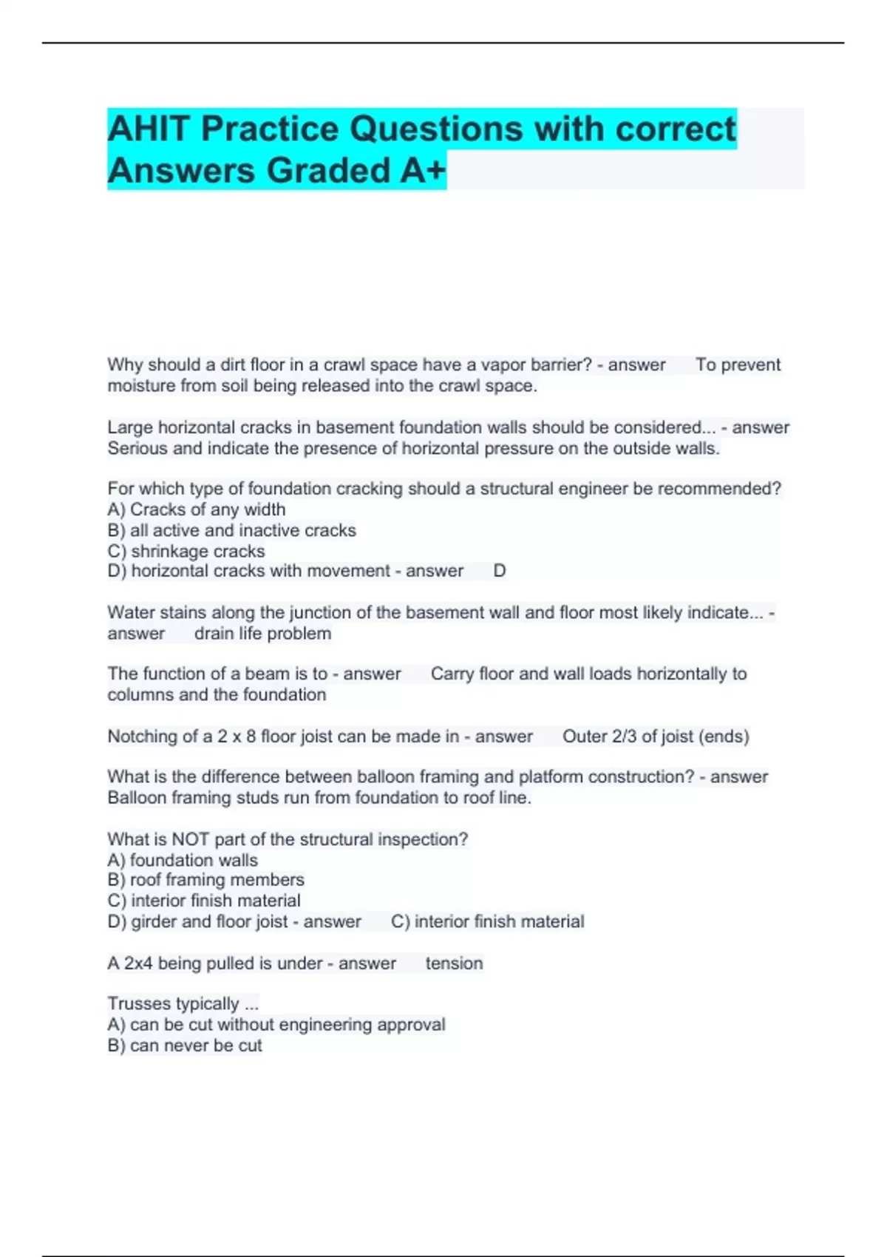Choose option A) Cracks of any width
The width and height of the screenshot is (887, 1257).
[197, 509]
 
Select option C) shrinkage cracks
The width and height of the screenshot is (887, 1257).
[186, 551]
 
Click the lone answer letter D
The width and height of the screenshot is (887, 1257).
[500, 571]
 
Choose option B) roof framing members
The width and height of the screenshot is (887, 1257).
[205, 880]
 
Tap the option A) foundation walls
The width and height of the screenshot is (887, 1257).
[183, 860]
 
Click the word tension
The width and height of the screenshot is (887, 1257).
[454, 963]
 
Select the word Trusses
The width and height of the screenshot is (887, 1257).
[138, 1003]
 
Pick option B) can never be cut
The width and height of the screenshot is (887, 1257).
[185, 1046]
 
